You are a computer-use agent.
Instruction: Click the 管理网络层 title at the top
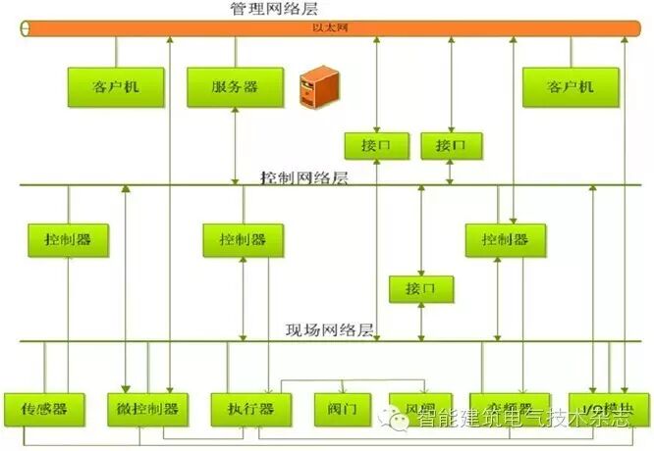275,9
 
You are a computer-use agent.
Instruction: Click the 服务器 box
236,87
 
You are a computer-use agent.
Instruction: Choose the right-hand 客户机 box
571,87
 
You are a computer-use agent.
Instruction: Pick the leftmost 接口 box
376,145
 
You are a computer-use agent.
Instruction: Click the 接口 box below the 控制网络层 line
420,290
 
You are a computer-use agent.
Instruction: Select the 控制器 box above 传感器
68,239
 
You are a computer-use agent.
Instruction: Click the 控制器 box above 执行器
243,239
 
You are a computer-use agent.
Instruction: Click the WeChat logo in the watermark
401,420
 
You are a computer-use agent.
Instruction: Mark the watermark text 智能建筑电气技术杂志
522,421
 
